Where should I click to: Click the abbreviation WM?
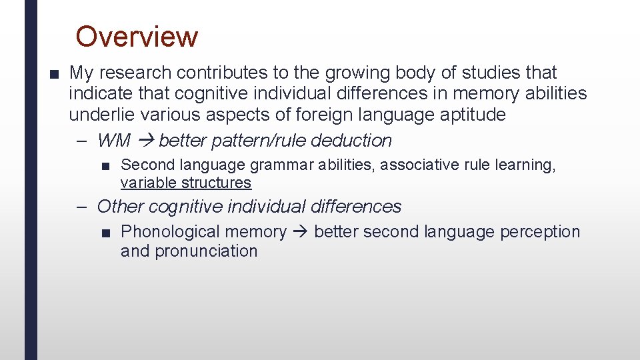113,141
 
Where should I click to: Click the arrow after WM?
145,141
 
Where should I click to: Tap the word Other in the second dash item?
121,207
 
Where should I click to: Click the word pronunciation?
206,251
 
